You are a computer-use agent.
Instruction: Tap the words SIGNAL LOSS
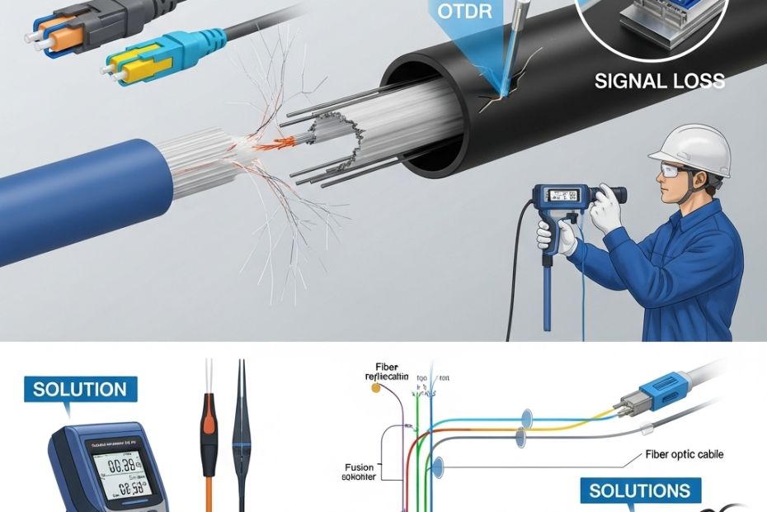tap(660, 80)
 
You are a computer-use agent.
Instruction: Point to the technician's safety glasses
tap(672, 172)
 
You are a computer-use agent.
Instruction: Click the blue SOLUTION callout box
tap(80, 389)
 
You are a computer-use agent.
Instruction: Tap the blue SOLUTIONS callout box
tap(639, 491)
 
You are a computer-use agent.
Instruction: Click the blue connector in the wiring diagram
tap(660, 389)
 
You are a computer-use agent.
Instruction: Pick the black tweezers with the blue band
tap(242, 438)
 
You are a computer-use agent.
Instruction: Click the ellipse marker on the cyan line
tap(525, 415)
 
